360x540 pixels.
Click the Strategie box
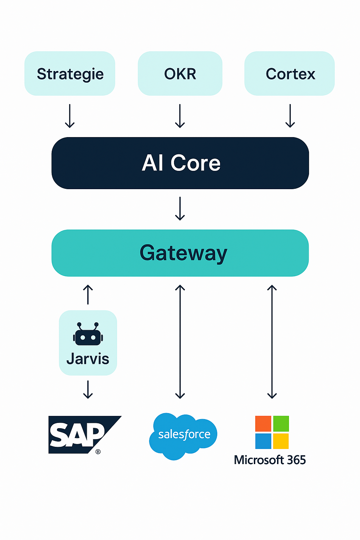[x=70, y=73]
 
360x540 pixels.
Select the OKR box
[x=180, y=73]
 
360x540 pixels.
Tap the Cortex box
[x=290, y=73]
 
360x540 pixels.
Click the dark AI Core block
[x=180, y=163]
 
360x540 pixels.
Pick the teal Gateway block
[x=180, y=253]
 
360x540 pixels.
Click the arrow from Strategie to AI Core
[x=70, y=116]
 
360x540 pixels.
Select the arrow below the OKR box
[x=180, y=116]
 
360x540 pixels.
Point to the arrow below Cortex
[x=290, y=116]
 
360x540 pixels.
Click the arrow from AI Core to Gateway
[x=180, y=208]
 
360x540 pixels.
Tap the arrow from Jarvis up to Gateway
[x=88, y=295]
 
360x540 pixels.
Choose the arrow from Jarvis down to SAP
[x=88, y=389]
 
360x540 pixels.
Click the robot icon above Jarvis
[x=88, y=334]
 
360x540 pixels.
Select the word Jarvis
[x=88, y=359]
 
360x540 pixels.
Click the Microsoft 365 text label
[x=270, y=460]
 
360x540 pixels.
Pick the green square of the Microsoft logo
[x=281, y=424]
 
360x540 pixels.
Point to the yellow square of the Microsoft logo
[x=281, y=441]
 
